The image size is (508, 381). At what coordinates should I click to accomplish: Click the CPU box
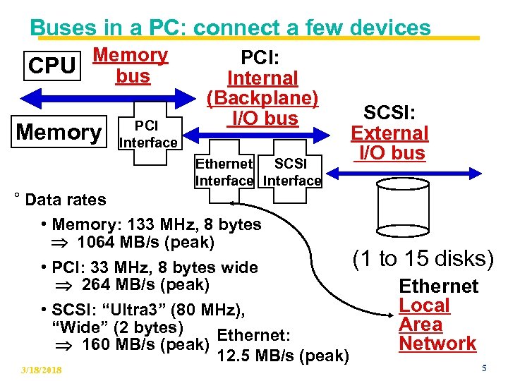51,66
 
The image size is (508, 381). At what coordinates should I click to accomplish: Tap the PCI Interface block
147,135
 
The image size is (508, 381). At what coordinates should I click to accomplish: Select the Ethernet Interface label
224,172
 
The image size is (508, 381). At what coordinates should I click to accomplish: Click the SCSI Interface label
292,172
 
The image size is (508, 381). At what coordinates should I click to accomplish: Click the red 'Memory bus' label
131,65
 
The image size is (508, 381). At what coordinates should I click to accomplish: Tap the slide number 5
484,368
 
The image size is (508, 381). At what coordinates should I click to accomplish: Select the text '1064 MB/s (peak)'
145,242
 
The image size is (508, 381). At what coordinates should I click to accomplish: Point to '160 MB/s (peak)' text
145,345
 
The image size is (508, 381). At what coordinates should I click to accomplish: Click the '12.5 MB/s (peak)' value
282,356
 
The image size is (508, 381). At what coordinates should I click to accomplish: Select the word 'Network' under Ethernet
437,344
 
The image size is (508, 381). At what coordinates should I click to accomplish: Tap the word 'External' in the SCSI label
389,133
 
